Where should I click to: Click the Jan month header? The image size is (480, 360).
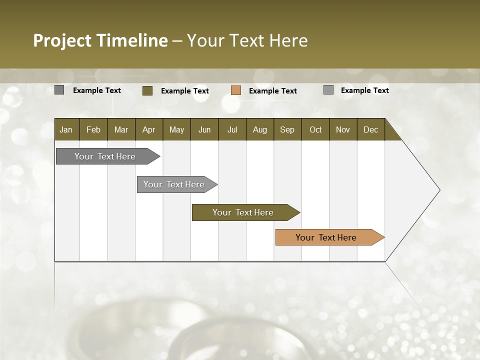(x=66, y=129)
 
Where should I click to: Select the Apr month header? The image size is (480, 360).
(x=148, y=129)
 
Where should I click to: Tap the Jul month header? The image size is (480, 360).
(x=232, y=129)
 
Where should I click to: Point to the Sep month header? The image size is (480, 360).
(x=287, y=129)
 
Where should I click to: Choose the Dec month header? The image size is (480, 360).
(x=370, y=129)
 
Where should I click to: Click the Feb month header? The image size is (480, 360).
(x=93, y=129)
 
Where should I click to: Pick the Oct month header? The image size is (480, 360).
(x=315, y=129)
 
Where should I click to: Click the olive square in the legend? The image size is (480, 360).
(x=147, y=90)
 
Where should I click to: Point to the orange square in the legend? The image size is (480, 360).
(x=236, y=90)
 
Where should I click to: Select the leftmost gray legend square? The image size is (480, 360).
(x=59, y=90)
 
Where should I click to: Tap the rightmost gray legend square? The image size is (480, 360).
(x=328, y=90)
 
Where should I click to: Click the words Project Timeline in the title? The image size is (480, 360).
(x=100, y=40)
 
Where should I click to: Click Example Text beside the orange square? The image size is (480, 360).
(x=272, y=91)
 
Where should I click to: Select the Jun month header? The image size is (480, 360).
(x=204, y=129)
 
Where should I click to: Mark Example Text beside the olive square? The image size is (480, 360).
(x=184, y=91)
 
